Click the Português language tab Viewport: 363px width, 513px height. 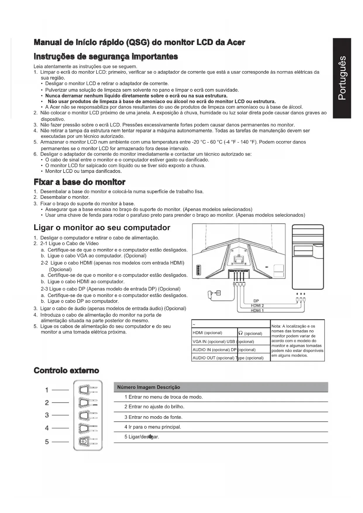[342, 78]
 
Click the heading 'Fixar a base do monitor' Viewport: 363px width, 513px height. [80, 182]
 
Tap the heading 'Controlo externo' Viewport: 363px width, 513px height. [66, 371]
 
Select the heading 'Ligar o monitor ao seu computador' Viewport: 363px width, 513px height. [102, 228]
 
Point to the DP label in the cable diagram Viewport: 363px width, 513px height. [256, 301]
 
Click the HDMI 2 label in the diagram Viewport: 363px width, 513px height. [257, 306]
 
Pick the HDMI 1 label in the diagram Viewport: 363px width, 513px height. [257, 311]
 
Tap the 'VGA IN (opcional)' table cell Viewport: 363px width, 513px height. [209, 342]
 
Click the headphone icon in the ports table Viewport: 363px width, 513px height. [241, 333]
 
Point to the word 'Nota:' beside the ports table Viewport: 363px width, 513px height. [276, 326]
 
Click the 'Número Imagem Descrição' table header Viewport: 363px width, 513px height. [149, 387]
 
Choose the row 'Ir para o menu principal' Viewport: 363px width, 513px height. [153, 427]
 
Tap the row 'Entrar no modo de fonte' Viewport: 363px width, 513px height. [153, 417]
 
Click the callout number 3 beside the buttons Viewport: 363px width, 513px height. [47, 415]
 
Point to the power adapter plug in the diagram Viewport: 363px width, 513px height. [210, 293]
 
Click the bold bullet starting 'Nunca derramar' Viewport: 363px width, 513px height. [136, 96]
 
